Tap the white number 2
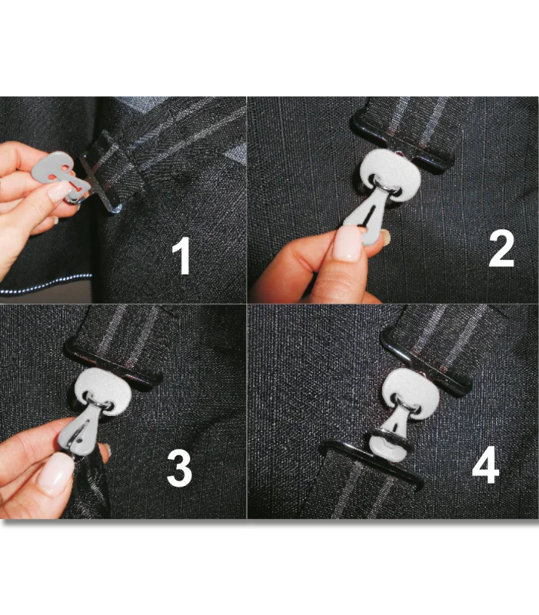click(x=501, y=248)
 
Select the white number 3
click(x=180, y=468)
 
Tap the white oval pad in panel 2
click(x=390, y=175)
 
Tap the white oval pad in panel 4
click(x=408, y=392)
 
